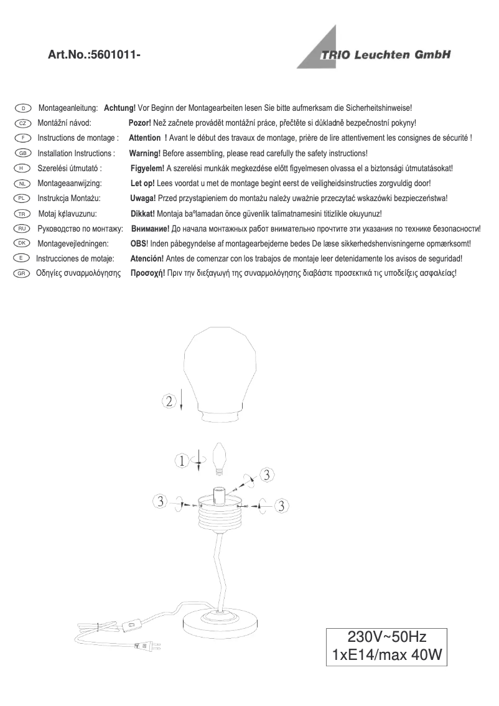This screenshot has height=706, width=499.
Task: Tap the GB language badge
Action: [22, 153]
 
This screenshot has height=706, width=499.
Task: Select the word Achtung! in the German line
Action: [119, 108]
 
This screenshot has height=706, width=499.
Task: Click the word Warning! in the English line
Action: [144, 153]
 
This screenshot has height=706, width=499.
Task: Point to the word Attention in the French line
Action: [144, 138]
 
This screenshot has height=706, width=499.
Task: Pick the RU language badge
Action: [22, 228]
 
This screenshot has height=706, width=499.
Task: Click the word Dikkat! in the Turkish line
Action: [142, 214]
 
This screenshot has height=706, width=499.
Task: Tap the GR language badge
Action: [22, 273]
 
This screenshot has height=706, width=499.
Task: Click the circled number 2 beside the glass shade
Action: [170, 401]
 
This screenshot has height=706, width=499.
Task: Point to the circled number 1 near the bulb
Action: [181, 461]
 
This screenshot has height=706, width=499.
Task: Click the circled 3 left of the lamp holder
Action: [161, 501]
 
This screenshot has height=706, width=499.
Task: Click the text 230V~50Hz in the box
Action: [386, 637]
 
